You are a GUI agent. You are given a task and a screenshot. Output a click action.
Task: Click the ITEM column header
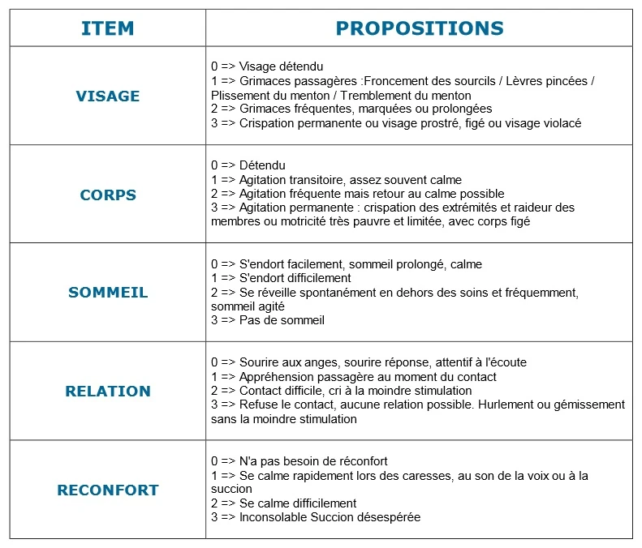108,28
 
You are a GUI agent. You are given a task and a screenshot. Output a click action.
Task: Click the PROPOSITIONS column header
420,28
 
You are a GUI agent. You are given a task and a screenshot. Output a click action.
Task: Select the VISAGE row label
108,96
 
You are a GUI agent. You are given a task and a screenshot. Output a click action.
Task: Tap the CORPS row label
108,195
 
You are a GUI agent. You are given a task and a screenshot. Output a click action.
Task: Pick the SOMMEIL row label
108,293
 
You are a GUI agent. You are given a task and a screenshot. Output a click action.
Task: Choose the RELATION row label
108,392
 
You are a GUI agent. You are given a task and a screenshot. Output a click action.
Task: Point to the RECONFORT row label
108,490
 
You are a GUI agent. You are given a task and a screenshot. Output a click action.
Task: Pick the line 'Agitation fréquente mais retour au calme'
357,194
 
